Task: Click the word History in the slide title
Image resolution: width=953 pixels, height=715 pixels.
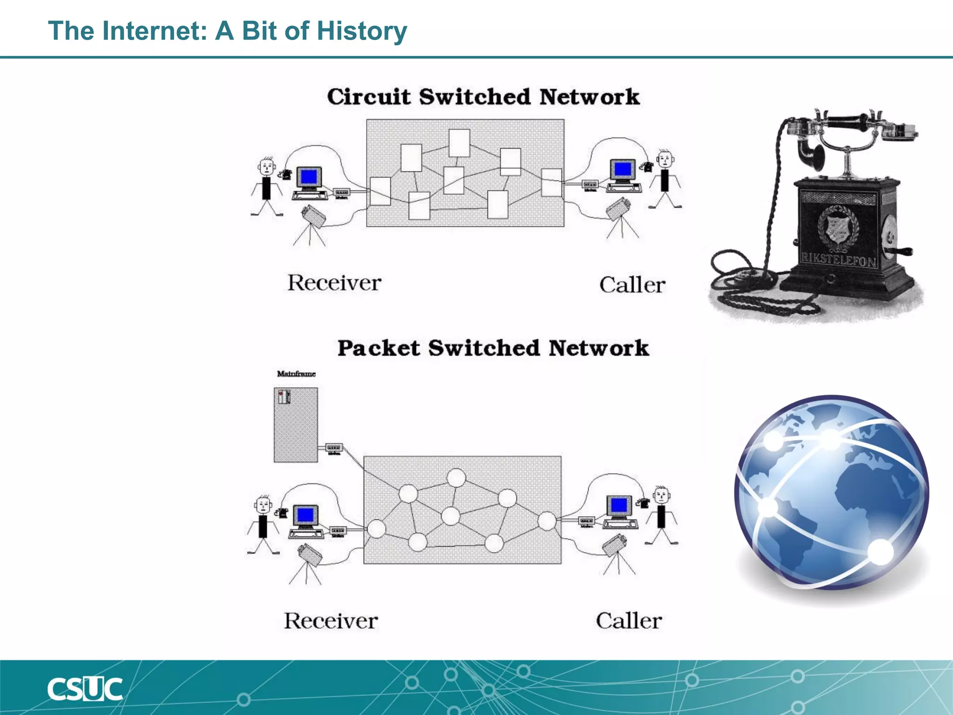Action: [x=362, y=31]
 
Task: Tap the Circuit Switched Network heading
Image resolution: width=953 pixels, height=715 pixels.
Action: [x=483, y=97]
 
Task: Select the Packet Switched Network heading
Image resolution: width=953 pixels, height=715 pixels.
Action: [x=493, y=348]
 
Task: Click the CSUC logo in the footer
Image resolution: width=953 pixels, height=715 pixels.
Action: [x=85, y=689]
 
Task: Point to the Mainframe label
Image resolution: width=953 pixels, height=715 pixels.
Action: [x=296, y=374]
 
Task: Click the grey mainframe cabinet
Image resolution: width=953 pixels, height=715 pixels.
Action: [x=296, y=425]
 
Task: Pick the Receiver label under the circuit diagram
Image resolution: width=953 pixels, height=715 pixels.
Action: [x=334, y=283]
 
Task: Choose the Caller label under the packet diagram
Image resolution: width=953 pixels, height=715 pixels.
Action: [x=629, y=621]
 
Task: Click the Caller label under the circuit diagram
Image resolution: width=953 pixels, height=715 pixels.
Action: [x=632, y=285]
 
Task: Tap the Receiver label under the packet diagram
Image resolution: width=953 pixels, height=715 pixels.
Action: [x=331, y=621]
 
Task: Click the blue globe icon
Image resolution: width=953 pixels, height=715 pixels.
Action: [x=832, y=492]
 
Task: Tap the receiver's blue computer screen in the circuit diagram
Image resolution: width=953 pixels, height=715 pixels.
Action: [x=309, y=177]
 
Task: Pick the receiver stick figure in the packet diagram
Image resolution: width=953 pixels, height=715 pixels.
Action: [x=263, y=524]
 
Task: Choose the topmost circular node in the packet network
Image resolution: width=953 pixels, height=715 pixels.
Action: [x=456, y=478]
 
